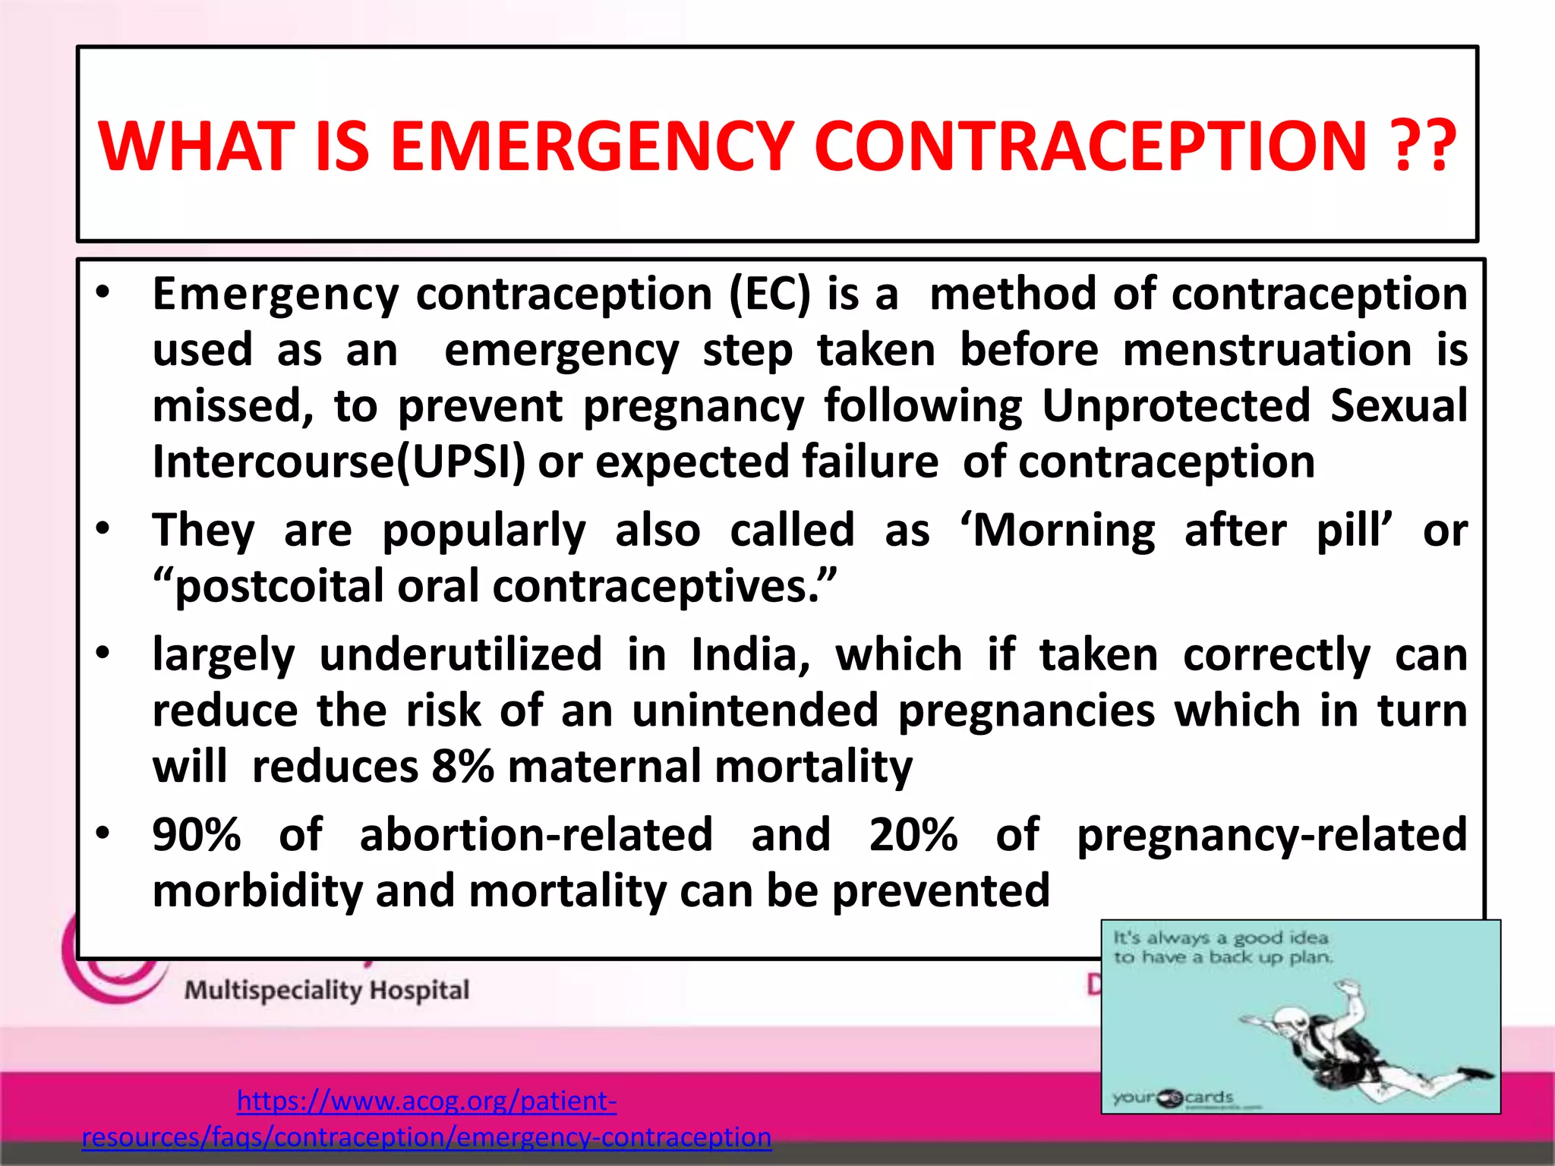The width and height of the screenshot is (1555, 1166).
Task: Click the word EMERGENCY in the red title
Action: [x=592, y=146]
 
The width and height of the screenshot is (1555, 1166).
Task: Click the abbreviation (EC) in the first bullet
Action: [x=769, y=295]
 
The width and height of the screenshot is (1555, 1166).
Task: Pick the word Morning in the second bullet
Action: [x=1063, y=530]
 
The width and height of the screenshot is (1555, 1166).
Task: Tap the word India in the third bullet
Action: [x=750, y=654]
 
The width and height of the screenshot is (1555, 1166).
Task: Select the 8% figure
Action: [x=462, y=767]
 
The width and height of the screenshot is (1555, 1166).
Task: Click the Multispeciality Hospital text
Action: [x=326, y=991]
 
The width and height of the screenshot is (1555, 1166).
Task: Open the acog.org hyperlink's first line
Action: [x=427, y=1100]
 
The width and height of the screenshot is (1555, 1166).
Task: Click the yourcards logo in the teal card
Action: [x=1173, y=1098]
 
